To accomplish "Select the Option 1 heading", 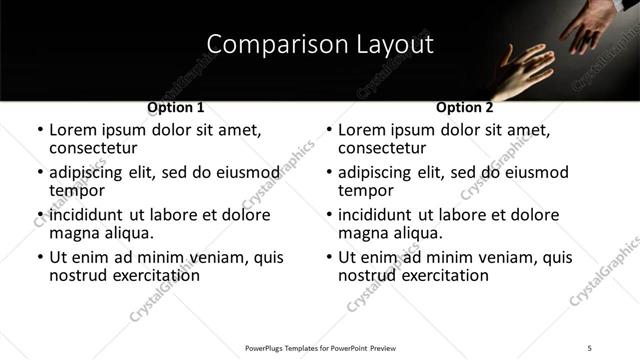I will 176,107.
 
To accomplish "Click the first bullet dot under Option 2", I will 329,131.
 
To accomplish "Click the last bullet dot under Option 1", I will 40,258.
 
